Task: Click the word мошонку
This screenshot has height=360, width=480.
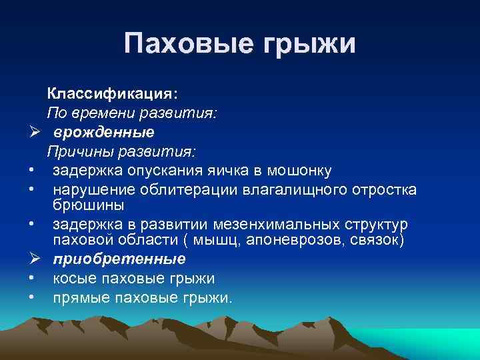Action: point(298,170)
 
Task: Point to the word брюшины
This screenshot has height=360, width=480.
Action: point(87,203)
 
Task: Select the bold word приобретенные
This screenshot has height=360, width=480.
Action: point(119,258)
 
